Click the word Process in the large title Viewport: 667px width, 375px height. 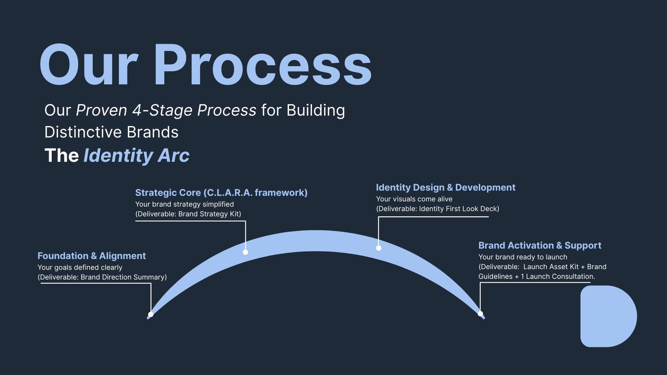pos(263,65)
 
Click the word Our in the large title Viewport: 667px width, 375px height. pos(89,65)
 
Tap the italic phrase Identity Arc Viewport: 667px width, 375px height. pos(137,155)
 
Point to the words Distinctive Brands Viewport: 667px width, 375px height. pos(111,132)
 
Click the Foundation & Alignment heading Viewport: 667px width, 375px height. pos(91,256)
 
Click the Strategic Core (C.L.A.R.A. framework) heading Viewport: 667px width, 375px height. pos(221,193)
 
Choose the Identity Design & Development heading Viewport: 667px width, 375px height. pos(445,187)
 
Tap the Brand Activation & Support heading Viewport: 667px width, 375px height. pos(540,245)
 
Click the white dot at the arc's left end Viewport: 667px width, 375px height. pos(151,315)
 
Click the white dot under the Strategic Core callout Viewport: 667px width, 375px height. pos(245,252)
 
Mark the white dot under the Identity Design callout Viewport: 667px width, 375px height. pos(379,248)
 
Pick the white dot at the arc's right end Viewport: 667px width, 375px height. pos(480,314)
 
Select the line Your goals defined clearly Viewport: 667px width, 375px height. pos(80,268)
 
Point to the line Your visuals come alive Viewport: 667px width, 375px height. pos(414,199)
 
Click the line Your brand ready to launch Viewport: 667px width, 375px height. pos(522,257)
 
